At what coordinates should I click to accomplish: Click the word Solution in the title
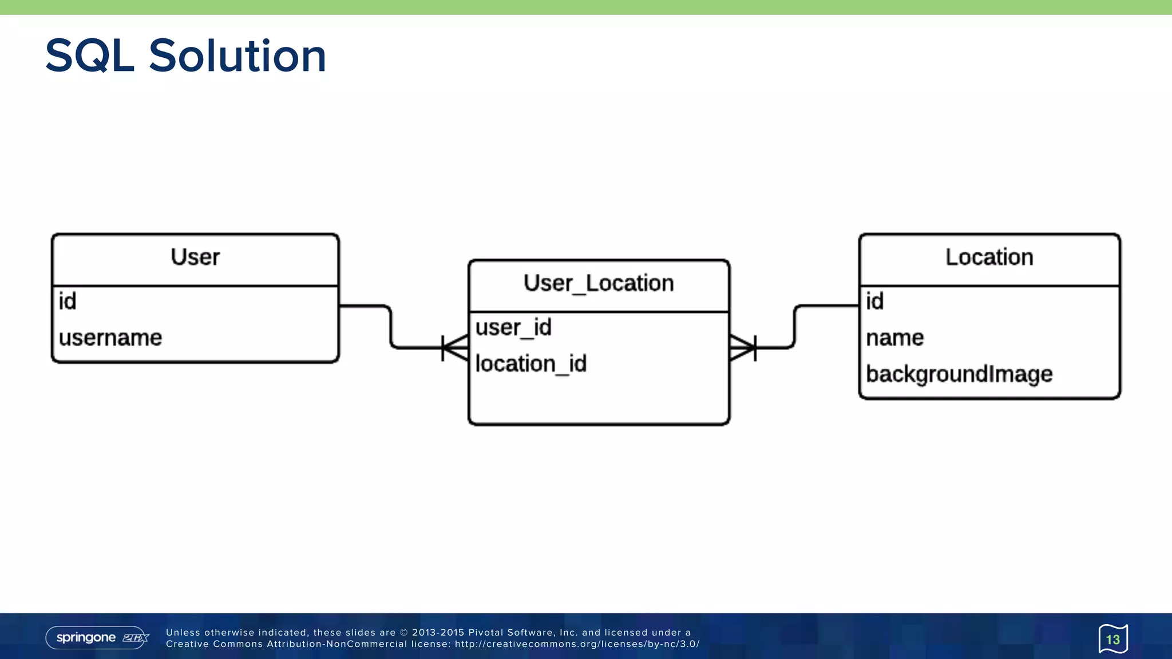237,56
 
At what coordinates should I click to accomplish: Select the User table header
195,257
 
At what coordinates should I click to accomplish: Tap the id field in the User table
68,301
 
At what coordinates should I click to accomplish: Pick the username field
110,338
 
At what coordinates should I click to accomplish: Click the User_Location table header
599,284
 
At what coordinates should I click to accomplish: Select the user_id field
513,328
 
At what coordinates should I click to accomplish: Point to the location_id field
531,364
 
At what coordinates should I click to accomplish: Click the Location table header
989,257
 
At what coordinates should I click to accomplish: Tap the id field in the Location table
874,301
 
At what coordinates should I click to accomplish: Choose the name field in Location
894,338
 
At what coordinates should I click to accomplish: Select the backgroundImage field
959,374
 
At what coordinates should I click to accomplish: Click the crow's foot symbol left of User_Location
456,348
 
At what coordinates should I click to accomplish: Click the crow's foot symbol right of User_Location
743,348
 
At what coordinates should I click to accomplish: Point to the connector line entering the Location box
827,306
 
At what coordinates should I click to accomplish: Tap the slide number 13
1113,640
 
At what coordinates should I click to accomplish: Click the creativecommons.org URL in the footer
577,644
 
